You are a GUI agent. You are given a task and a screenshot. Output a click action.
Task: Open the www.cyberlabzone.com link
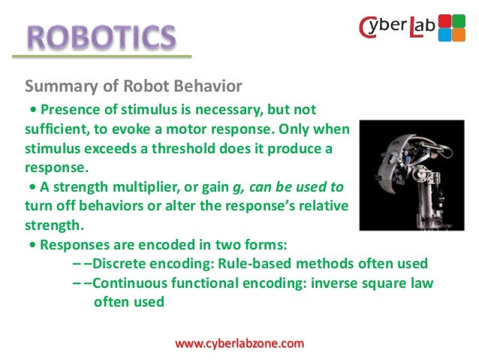239,343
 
